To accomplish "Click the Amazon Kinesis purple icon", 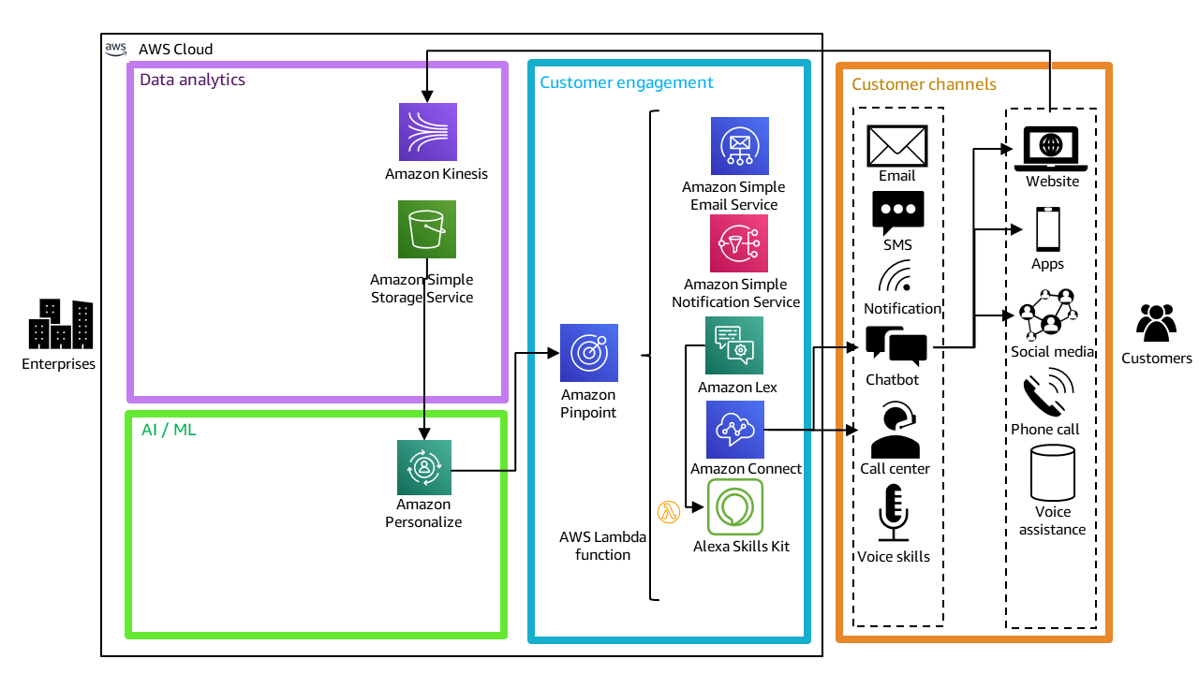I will (428, 132).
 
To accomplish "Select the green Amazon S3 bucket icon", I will (427, 229).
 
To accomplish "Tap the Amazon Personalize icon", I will (424, 467).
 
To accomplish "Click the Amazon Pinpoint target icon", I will (589, 353).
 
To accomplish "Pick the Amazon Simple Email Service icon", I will (740, 146).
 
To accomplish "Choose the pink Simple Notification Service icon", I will (739, 243).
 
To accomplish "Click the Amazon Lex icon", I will (734, 345).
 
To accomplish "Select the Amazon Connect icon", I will (735, 430).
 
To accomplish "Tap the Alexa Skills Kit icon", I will (735, 507).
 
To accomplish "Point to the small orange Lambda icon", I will (669, 512).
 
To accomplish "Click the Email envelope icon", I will (897, 146).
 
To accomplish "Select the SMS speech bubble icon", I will (897, 212).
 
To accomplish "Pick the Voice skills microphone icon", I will (894, 512).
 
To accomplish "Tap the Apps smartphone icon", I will (1047, 229).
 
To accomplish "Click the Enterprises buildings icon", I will (60, 324).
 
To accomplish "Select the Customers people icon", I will (1156, 323).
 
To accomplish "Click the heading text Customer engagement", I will (626, 82).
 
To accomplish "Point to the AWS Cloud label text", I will (175, 49).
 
